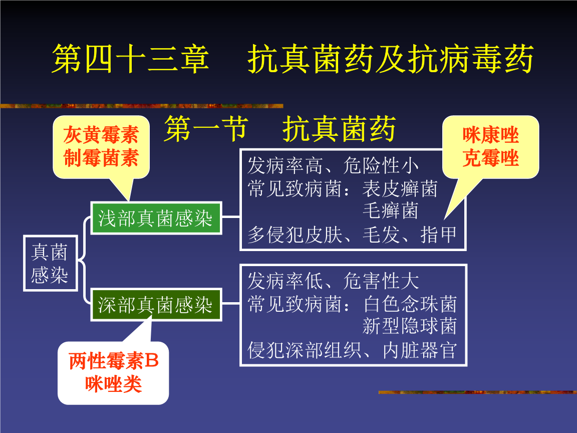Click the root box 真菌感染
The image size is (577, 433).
(50, 263)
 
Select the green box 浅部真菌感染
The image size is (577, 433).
(155, 218)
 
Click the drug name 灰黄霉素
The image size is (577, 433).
(101, 135)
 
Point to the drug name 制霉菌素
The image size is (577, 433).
(101, 158)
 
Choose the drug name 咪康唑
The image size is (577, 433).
(490, 135)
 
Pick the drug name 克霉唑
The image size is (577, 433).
(490, 158)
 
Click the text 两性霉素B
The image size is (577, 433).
(114, 361)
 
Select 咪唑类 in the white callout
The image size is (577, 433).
(114, 384)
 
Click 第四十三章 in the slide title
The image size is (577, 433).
(130, 59)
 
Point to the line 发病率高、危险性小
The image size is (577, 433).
(333, 165)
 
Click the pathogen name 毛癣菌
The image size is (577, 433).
(390, 210)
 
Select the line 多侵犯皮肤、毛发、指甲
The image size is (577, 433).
(352, 235)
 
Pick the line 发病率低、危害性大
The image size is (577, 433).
(333, 282)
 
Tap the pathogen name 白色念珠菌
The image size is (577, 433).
(410, 304)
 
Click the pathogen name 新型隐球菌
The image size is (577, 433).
(410, 326)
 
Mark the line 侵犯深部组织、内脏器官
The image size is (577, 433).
(352, 350)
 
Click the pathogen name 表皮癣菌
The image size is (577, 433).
(400, 189)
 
